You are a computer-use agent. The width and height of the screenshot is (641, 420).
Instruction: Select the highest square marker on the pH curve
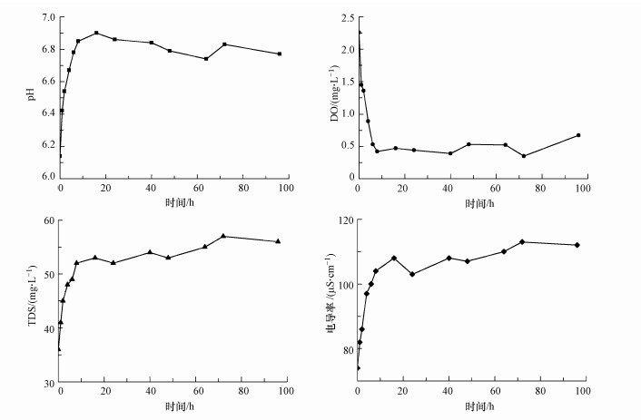click(x=96, y=33)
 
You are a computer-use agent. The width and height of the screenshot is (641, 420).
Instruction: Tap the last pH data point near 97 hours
click(x=280, y=54)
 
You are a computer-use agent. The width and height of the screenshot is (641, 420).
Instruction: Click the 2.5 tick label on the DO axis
click(x=345, y=17)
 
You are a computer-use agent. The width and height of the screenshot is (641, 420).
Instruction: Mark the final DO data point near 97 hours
click(x=578, y=135)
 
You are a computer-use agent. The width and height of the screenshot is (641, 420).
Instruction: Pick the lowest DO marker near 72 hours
click(x=524, y=156)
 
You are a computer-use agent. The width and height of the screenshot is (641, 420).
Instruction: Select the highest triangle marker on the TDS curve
click(x=223, y=236)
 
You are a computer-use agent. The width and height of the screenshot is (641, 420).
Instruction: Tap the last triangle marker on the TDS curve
click(x=278, y=241)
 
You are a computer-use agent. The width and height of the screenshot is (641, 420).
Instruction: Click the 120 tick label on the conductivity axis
click(x=344, y=220)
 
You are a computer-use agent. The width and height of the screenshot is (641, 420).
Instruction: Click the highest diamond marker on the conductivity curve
click(x=522, y=241)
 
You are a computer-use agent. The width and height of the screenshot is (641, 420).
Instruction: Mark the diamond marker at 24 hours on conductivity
click(x=412, y=274)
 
